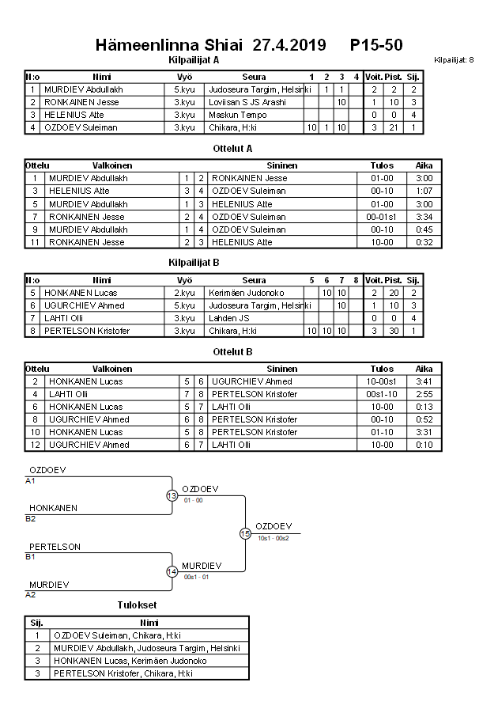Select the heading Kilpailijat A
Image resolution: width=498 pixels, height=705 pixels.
tap(194, 59)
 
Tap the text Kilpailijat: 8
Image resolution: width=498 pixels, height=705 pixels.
tap(455, 60)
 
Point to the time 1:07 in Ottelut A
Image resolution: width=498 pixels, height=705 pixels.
tap(424, 191)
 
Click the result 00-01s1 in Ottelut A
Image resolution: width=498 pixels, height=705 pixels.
tap(382, 216)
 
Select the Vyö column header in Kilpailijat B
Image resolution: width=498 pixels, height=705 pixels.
tap(184, 280)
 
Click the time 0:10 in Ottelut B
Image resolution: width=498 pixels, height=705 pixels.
tap(424, 445)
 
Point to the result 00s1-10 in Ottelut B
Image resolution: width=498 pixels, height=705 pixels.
tap(382, 394)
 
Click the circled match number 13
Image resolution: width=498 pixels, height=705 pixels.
tap(172, 495)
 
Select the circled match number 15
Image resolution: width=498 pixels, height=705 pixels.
tap(245, 533)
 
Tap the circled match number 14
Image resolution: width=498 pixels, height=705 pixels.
tap(172, 571)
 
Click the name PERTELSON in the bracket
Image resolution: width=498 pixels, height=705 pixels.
tap(55, 547)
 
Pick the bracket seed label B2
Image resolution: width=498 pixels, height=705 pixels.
tap(31, 519)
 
